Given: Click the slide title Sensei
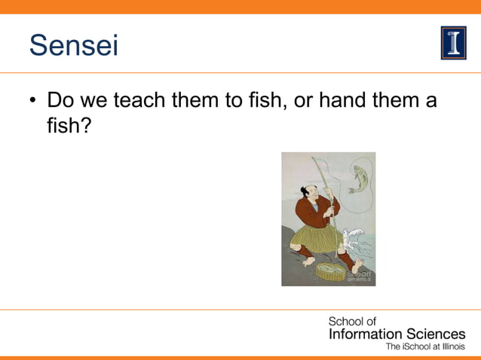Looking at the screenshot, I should (74, 45).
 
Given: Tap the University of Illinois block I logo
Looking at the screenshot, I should (453, 44).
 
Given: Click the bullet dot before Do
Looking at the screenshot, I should (33, 101).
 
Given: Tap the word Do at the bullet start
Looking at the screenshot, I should (60, 100).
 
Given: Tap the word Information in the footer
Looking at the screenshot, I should (364, 334).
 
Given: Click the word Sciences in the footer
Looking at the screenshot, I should (434, 334).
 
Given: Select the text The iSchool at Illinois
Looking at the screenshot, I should (425, 347).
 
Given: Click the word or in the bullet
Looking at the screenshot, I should (302, 100).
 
